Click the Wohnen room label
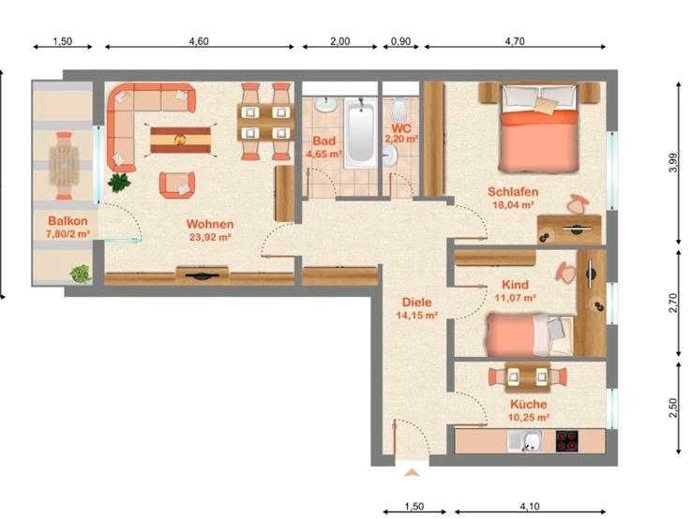[209, 224]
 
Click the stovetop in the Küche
[569, 440]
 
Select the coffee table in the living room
[182, 141]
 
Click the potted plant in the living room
[118, 183]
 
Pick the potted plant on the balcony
[81, 274]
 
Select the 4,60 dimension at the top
[198, 42]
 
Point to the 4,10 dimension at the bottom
[530, 507]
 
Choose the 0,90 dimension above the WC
[400, 42]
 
